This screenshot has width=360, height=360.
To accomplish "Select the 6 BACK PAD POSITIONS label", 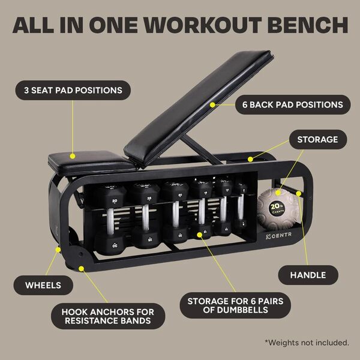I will pos(293,104).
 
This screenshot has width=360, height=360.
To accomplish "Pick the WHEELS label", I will pos(43,285).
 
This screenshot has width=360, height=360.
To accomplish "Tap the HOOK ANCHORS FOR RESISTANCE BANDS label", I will pos(107,317).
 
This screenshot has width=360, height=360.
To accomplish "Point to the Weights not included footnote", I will pos(307,343).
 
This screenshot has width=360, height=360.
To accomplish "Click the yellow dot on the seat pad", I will pos(74,154).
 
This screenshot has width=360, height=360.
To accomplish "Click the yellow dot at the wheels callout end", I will pos(58,247).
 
